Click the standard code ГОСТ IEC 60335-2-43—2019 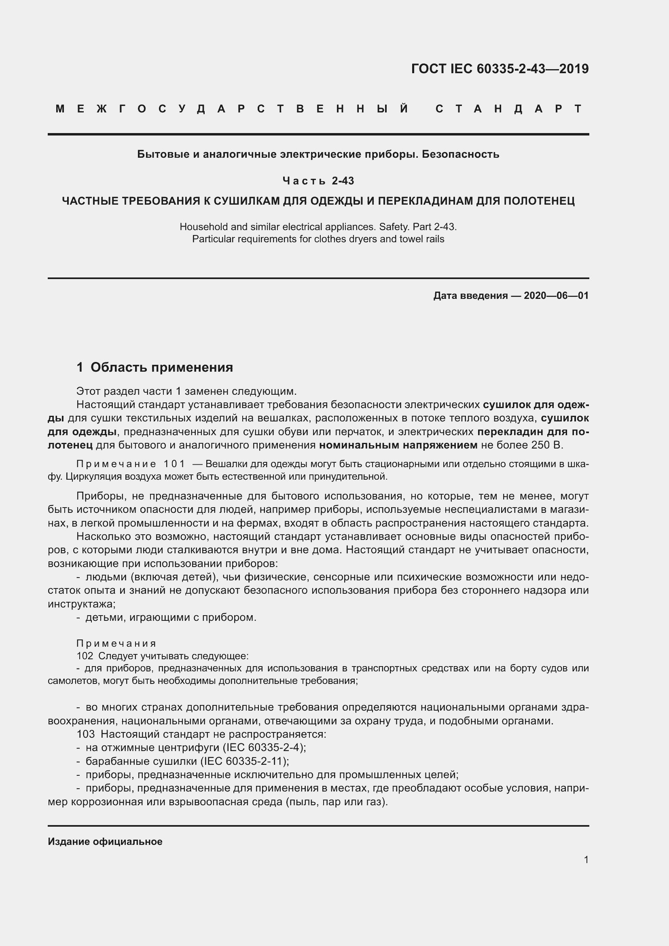click(500, 69)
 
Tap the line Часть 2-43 click(318, 180)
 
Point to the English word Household click(199, 226)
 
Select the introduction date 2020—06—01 click(556, 295)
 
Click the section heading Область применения click(161, 367)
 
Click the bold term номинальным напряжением click(398, 445)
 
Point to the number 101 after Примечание click(175, 464)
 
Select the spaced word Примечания click(116, 643)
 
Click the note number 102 click(85, 656)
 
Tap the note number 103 click(86, 734)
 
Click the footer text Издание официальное click(105, 842)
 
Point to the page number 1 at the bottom click(586, 859)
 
